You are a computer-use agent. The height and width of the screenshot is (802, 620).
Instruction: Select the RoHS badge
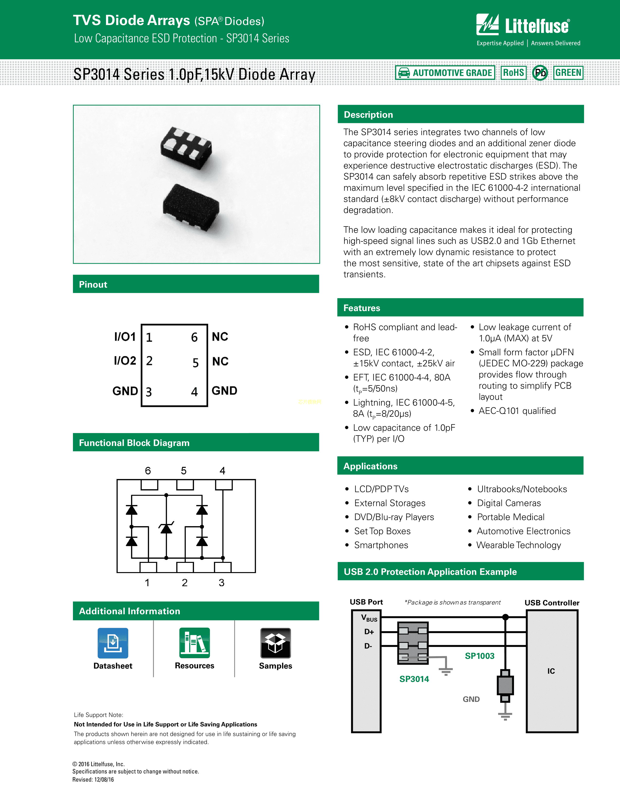coord(513,73)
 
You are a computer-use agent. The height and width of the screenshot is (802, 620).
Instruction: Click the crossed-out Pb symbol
coord(540,73)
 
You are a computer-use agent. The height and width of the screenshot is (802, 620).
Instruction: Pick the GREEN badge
coord(568,73)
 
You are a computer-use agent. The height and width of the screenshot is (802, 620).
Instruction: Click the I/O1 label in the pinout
coord(125,337)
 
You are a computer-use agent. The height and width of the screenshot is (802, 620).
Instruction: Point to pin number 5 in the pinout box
coord(195,363)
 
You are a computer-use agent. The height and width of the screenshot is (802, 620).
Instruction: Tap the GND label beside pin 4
coord(224,391)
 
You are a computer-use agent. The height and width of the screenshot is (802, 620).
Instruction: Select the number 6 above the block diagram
coord(148,471)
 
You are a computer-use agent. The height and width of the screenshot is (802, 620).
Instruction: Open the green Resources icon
coord(194,643)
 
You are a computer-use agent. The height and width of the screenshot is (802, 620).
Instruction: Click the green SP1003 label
coord(479,656)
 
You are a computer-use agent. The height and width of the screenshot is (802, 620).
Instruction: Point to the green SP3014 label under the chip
coord(414,679)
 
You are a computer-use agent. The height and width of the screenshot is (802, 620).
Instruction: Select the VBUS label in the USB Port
coord(369,618)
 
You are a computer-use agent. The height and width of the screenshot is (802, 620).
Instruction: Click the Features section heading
coord(362,308)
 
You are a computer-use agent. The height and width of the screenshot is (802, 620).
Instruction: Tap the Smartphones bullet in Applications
coord(381,545)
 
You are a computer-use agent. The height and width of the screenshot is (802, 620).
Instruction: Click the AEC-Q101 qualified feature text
coord(517,411)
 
